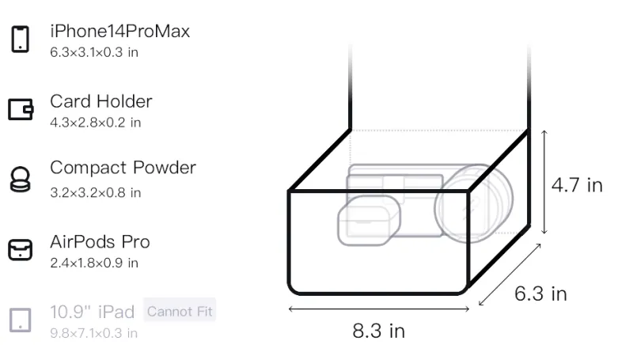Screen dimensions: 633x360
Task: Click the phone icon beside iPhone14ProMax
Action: tap(21, 39)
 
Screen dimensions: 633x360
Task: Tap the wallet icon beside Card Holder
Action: tap(21, 109)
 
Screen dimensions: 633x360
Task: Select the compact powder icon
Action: tap(21, 179)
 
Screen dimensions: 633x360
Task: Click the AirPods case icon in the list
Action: tap(21, 250)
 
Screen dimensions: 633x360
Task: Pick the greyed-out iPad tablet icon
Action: tap(21, 320)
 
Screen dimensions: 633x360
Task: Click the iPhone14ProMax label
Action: tap(120, 31)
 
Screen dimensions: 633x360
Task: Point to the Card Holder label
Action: tap(101, 101)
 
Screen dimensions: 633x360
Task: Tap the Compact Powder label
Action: tap(123, 168)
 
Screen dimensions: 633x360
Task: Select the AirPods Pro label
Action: tap(100, 242)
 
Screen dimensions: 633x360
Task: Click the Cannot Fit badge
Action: tap(180, 311)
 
